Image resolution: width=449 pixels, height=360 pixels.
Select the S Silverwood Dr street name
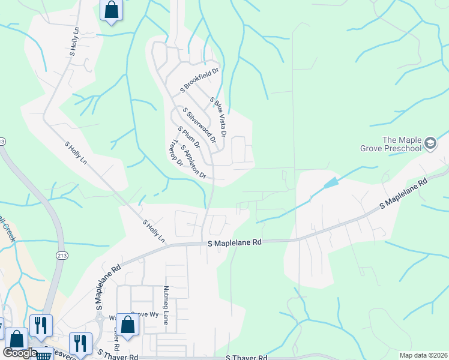coord(200,125)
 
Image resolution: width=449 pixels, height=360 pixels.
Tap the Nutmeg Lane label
coord(166,305)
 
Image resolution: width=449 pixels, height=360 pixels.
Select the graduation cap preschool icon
coord(430,143)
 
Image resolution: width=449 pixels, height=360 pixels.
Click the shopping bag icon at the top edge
coord(111,10)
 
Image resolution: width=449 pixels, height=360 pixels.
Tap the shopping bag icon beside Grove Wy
coord(127,325)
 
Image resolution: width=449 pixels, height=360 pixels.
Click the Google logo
coord(20,353)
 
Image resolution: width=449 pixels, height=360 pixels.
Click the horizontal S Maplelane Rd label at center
coord(235,242)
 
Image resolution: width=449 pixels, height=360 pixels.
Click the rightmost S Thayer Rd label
coord(246,357)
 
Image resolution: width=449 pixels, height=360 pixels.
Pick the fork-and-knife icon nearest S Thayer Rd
coord(80,344)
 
